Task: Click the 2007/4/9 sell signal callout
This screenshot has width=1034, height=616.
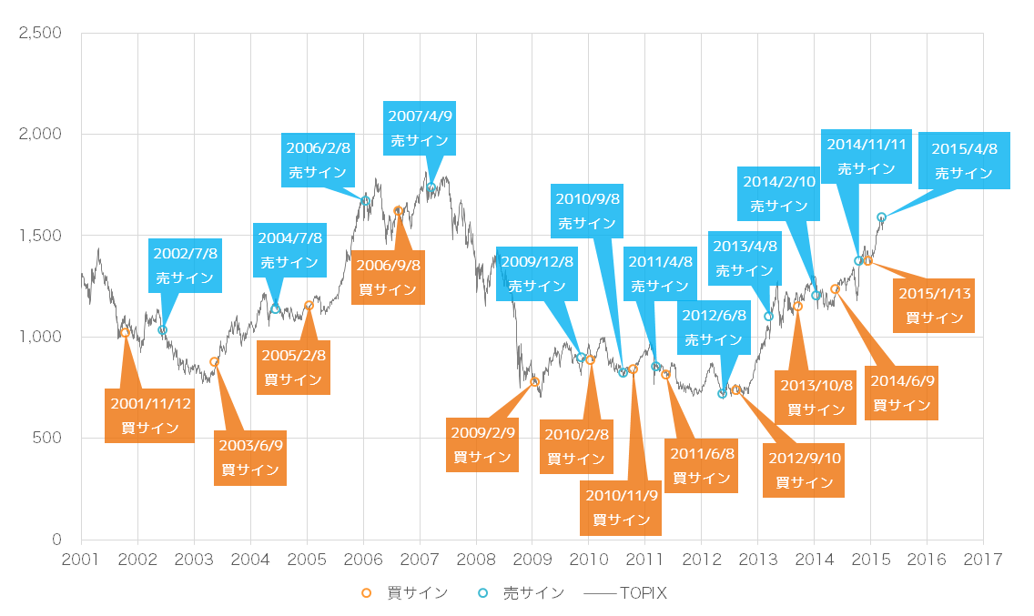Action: pyautogui.click(x=421, y=128)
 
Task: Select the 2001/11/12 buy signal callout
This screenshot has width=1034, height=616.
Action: pyautogui.click(x=150, y=415)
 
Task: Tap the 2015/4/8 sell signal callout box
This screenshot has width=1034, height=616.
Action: pyautogui.click(x=965, y=161)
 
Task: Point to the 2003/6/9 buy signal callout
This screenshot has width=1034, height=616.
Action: pyautogui.click(x=250, y=458)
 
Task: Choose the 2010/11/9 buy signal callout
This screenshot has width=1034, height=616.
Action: pyautogui.click(x=622, y=508)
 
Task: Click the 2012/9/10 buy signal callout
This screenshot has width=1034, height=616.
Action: pyautogui.click(x=804, y=470)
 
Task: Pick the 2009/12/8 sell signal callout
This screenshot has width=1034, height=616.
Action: pyautogui.click(x=537, y=273)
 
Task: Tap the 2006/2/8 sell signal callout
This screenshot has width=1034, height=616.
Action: pyautogui.click(x=318, y=159)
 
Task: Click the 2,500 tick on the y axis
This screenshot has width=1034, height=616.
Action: pyautogui.click(x=41, y=33)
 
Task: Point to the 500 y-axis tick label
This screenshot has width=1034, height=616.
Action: pyautogui.click(x=47, y=439)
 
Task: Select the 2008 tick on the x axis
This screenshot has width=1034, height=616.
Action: pyautogui.click(x=476, y=558)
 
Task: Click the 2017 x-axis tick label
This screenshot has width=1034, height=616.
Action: pyautogui.click(x=984, y=558)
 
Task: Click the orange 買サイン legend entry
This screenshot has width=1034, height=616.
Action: pyautogui.click(x=406, y=593)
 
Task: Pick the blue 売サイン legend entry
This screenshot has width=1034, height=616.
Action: pyautogui.click(x=522, y=593)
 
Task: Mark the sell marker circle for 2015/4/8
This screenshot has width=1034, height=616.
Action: pyautogui.click(x=881, y=217)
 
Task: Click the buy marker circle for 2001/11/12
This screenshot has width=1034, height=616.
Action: pyautogui.click(x=125, y=333)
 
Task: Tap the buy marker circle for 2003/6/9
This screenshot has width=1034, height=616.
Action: pyautogui.click(x=215, y=362)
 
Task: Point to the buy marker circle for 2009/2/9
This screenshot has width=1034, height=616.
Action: pyautogui.click(x=534, y=382)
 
